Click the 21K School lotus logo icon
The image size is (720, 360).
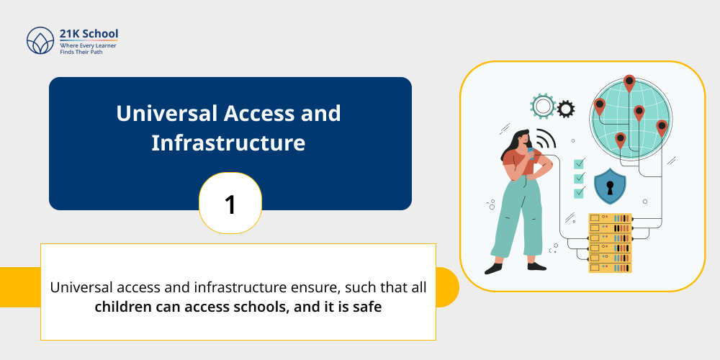[x=40, y=40]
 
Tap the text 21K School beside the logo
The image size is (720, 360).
[x=89, y=33]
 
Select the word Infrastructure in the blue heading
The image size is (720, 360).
[x=228, y=143]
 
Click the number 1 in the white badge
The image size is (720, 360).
[x=230, y=204]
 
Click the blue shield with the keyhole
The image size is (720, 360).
[x=610, y=186]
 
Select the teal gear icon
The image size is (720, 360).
[x=542, y=107]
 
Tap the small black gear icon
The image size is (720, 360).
[x=566, y=109]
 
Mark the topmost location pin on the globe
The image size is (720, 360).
[x=629, y=82]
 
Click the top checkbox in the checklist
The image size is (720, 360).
[x=579, y=163]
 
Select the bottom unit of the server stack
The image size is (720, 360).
[x=610, y=267]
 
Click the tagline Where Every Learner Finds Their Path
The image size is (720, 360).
[x=88, y=48]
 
